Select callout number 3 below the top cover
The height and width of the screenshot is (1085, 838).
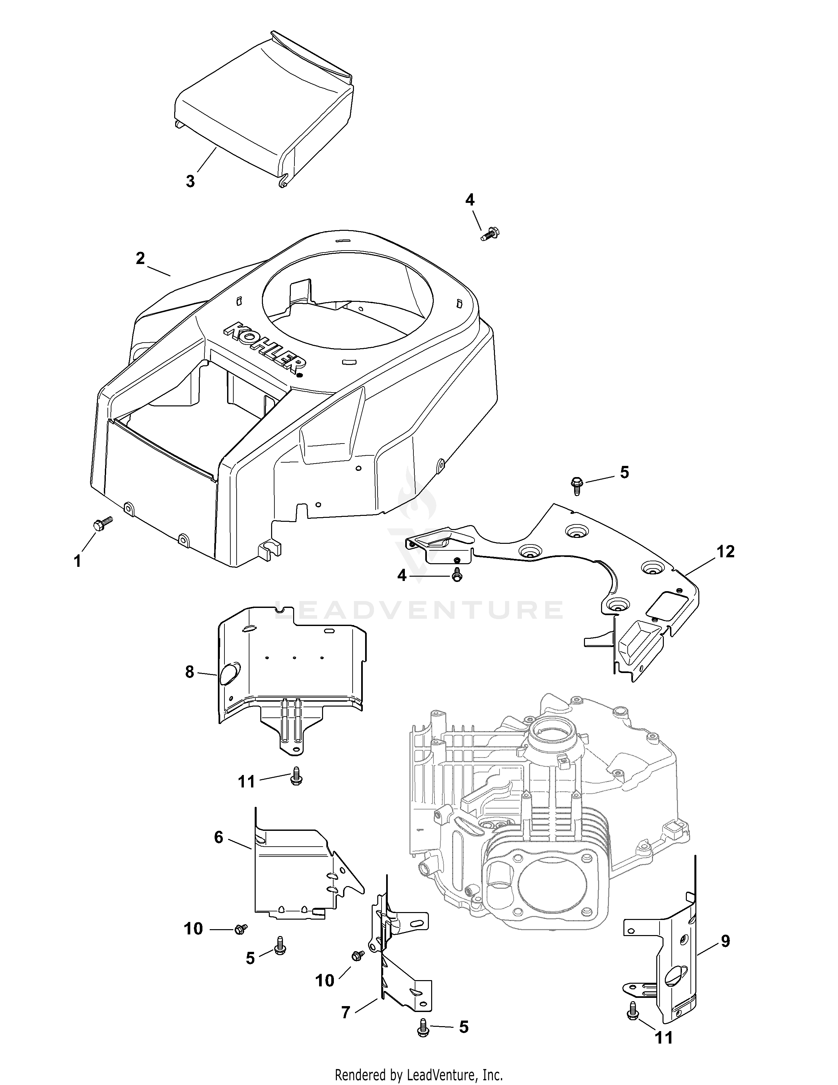[190, 181]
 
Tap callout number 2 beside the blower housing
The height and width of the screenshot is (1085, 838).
[141, 258]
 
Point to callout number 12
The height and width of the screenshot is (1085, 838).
[725, 551]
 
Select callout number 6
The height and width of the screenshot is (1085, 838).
[219, 837]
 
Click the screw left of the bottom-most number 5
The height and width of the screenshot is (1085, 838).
[423, 1025]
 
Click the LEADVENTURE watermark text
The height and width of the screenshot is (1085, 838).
[418, 610]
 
